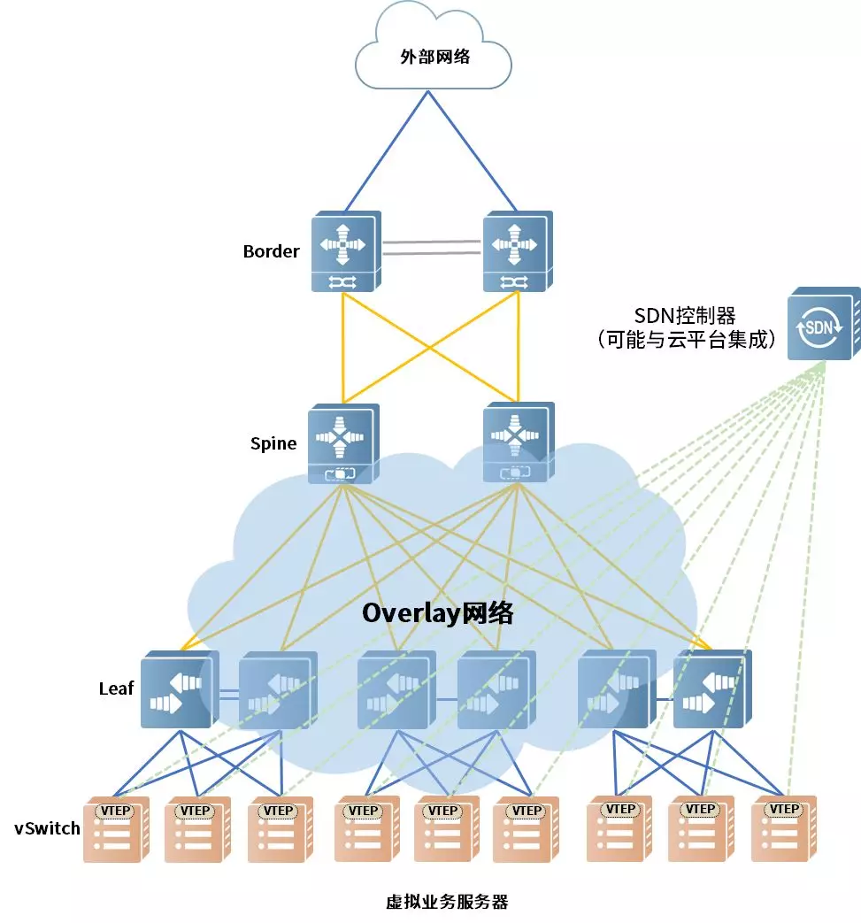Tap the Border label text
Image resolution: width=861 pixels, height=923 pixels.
[271, 251]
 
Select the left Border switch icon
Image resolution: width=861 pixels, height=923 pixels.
[345, 251]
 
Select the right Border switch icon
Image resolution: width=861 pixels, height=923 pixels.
[517, 251]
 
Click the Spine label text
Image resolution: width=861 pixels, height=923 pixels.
[273, 443]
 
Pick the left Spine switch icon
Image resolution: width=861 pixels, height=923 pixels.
[342, 444]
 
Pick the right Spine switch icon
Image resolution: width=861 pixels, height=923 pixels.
[517, 442]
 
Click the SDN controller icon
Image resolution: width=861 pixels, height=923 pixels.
[822, 324]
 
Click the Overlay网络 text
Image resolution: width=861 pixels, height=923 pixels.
[437, 613]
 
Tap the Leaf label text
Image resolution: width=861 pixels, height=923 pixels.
[116, 688]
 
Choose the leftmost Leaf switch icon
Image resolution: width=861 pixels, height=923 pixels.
[178, 689]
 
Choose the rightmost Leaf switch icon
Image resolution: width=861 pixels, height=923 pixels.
[711, 689]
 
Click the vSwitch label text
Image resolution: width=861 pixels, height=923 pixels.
[47, 829]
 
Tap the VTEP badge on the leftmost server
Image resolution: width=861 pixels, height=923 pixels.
[112, 811]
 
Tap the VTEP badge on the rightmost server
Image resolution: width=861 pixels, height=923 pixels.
[783, 809]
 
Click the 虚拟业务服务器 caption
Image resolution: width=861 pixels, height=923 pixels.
[447, 903]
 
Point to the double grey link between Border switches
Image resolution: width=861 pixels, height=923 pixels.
[431, 247]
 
